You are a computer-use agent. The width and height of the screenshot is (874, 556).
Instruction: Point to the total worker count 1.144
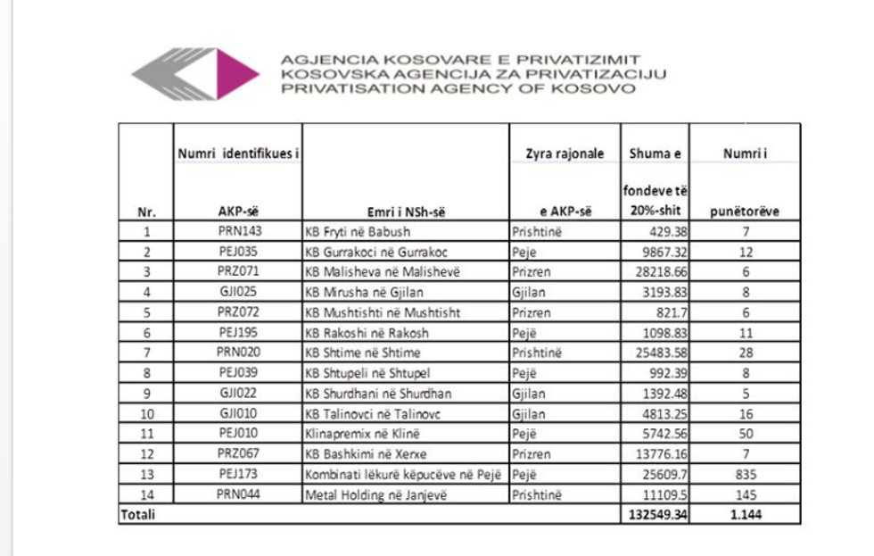click(743, 515)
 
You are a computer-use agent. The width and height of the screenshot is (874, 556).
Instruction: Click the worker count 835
click(744, 474)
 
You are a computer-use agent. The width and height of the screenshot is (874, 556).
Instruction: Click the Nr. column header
click(145, 212)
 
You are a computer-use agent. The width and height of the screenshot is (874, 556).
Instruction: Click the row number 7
click(145, 353)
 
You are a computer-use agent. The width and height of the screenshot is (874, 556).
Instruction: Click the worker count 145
click(744, 494)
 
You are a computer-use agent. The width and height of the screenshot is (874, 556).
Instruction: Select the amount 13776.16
click(655, 454)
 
